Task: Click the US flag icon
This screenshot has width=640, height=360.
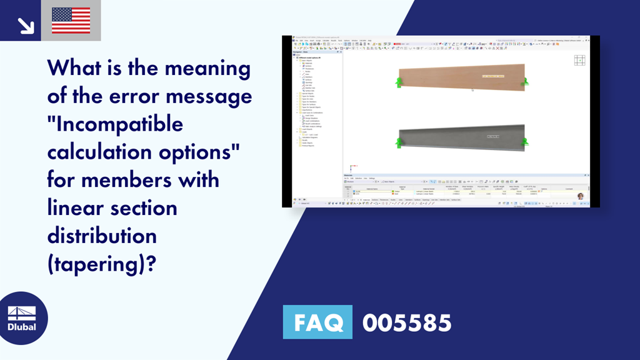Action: pyautogui.click(x=71, y=20)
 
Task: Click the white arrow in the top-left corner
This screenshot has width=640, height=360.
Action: pyautogui.click(x=26, y=24)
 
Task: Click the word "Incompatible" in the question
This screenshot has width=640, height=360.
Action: pyautogui.click(x=116, y=124)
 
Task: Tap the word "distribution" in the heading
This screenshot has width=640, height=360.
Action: pyautogui.click(x=102, y=236)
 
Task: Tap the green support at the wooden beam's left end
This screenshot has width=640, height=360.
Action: pyautogui.click(x=398, y=82)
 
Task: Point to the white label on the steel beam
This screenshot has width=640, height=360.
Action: pyautogui.click(x=493, y=136)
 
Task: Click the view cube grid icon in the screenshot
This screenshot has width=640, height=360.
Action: pyautogui.click(x=580, y=60)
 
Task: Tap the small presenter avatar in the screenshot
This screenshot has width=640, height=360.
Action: pyautogui.click(x=580, y=196)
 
